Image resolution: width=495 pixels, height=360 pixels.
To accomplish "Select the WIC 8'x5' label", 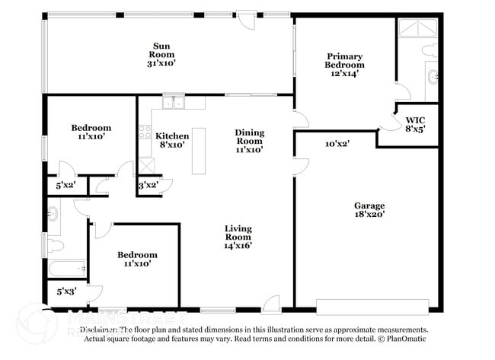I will tap(416, 124).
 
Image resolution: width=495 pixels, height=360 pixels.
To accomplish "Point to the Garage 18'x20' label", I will tap(369, 209).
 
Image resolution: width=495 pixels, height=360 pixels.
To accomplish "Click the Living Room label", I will tap(238, 237).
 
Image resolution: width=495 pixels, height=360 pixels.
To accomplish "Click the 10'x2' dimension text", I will tap(337, 143).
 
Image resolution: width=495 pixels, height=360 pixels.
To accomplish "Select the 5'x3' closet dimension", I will tap(67, 292).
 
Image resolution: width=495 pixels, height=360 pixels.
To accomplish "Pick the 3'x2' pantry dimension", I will tap(148, 185).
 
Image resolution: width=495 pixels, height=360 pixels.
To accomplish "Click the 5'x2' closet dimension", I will tap(66, 185).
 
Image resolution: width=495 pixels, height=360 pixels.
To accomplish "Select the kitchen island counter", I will tap(199, 146).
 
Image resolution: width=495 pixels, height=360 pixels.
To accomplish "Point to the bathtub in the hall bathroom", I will tap(67, 268).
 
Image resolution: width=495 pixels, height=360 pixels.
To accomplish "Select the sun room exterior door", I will tap(246, 19).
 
